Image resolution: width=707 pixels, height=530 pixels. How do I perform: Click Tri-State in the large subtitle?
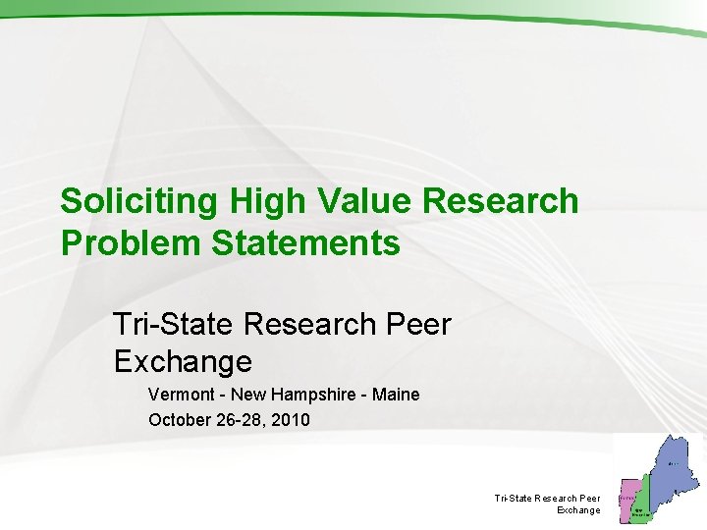175,324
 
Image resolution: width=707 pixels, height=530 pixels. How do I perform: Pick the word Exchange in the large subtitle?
183,362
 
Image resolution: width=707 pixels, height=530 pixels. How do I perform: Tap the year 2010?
291,420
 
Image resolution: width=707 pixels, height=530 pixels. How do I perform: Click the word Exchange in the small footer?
578,510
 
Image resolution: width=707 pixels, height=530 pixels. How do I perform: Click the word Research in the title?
501,201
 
